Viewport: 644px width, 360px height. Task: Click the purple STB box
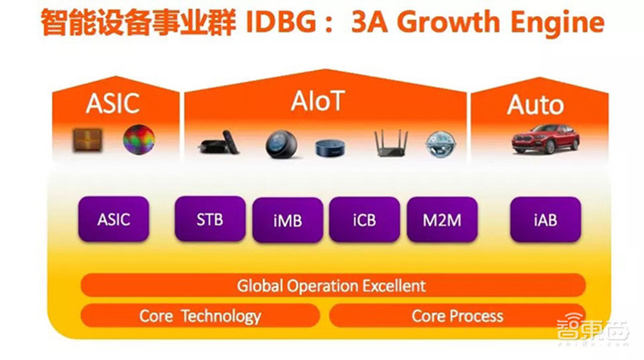[x=210, y=217]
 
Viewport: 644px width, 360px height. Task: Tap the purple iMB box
[x=287, y=220]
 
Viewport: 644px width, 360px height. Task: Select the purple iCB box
[x=365, y=220]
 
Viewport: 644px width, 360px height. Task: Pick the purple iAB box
[x=543, y=218]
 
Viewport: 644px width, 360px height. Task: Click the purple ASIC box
[x=114, y=218]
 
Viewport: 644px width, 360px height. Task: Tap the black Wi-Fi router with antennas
[x=393, y=143]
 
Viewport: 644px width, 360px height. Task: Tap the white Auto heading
[x=535, y=105]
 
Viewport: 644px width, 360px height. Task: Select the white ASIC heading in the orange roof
[x=113, y=103]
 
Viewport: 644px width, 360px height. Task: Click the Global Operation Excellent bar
[x=332, y=285]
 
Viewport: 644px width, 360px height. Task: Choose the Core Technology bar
[x=200, y=316]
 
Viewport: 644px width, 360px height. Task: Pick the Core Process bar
[x=457, y=316]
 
